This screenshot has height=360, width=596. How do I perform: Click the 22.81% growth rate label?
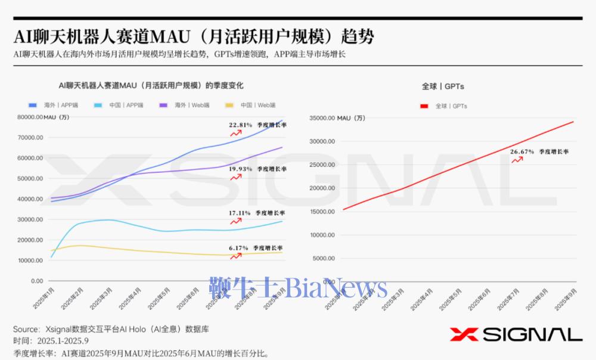(x=240, y=125)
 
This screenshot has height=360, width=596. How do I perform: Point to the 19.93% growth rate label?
(x=240, y=169)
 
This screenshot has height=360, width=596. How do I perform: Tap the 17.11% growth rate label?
(x=240, y=213)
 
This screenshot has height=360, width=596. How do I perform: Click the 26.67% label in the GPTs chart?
(x=522, y=152)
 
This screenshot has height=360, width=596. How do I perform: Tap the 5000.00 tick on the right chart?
(x=324, y=258)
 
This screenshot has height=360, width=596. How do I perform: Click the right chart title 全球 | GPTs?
(x=443, y=86)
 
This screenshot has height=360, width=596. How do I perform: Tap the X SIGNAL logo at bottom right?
(x=516, y=334)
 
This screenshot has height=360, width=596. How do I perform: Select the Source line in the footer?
(x=111, y=329)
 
